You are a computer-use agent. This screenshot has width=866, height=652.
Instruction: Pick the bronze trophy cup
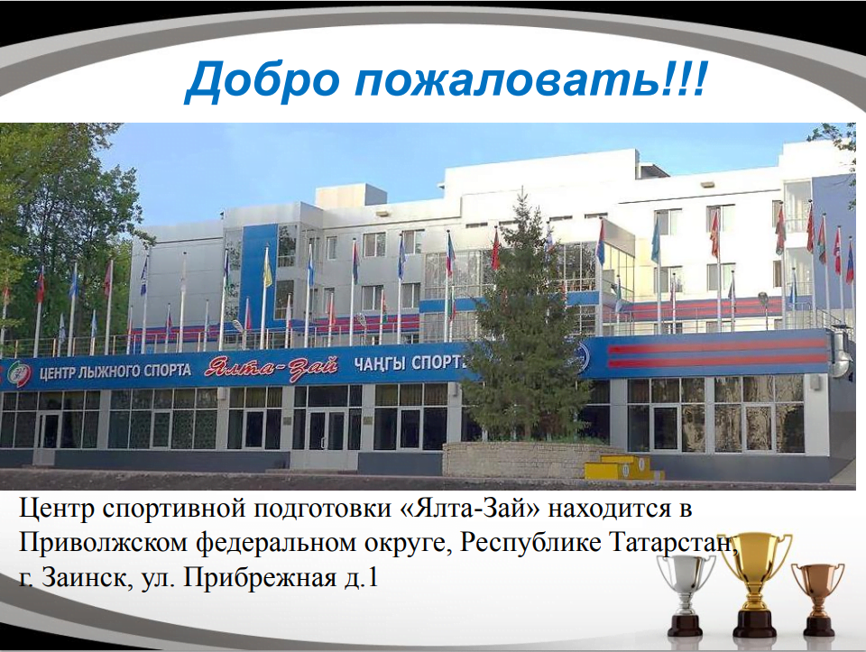click(818, 598)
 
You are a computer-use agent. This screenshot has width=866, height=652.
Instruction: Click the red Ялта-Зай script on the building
click(271, 367)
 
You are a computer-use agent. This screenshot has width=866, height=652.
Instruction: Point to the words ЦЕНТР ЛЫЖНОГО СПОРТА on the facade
click(115, 371)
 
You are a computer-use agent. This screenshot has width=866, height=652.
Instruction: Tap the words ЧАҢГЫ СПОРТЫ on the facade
click(408, 363)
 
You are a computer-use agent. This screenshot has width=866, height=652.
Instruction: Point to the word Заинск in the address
click(85, 578)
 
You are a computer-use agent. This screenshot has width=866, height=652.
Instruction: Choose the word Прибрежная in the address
click(258, 578)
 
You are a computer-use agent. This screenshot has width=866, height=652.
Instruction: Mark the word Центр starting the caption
click(57, 508)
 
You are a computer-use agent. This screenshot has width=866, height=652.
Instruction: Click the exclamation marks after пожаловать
click(683, 80)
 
